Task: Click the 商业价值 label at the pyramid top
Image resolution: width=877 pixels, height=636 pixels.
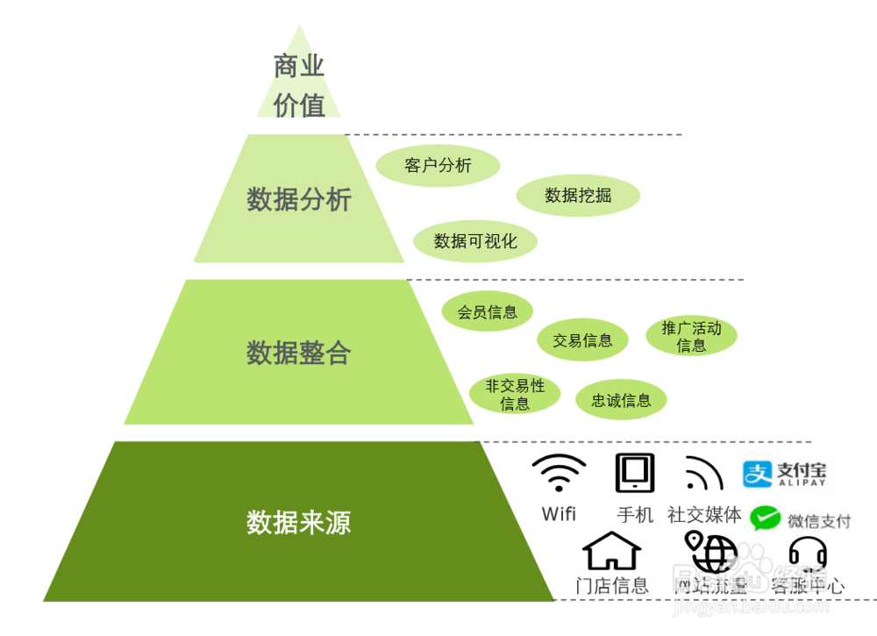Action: point(299,85)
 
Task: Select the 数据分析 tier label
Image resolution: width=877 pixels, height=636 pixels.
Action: point(299,200)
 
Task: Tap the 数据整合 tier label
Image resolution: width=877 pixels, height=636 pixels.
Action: point(299,353)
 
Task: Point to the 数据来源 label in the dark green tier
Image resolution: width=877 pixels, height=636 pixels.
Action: point(299,523)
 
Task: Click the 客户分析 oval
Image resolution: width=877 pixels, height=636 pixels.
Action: point(438,166)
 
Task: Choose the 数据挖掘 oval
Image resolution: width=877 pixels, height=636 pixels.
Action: point(578,196)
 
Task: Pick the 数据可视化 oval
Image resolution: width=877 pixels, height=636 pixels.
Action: point(475,241)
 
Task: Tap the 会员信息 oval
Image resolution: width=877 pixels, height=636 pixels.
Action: point(487,312)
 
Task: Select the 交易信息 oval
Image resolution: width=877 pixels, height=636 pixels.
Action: point(582,340)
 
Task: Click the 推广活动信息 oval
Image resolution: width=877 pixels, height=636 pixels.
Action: point(691,336)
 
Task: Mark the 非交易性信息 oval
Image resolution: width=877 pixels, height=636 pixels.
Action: point(515,394)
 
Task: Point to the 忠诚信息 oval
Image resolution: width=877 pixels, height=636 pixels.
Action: point(621,401)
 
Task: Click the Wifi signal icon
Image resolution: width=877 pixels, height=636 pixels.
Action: point(559,475)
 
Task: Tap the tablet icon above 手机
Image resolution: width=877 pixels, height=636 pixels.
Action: point(634,474)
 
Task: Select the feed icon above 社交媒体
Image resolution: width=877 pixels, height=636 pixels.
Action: point(703,475)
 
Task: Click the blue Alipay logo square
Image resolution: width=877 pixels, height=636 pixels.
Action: point(757,474)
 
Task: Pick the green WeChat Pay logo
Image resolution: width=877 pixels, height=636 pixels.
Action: point(765,518)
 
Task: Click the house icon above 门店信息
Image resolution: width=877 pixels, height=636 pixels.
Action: point(611,552)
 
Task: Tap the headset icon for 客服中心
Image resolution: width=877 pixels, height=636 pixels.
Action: point(808,553)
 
